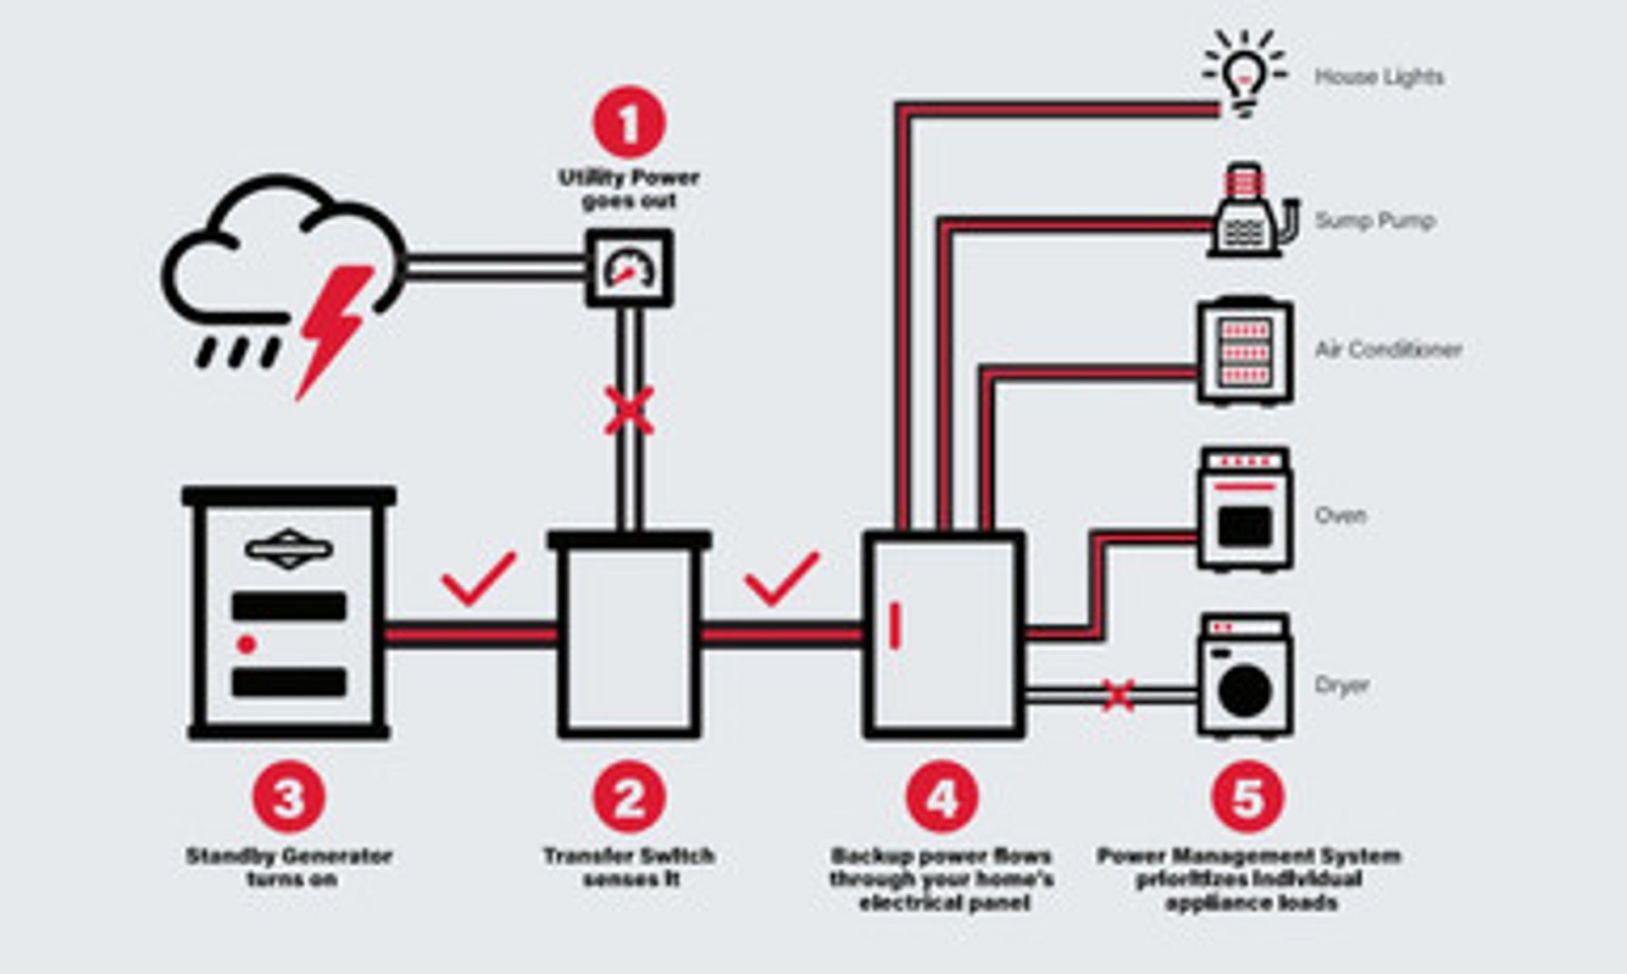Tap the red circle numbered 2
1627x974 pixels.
click(x=629, y=797)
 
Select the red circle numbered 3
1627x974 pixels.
click(x=288, y=797)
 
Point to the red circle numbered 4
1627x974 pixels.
click(x=941, y=797)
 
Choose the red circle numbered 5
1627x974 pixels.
click(x=1248, y=797)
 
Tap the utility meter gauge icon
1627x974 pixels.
click(x=630, y=268)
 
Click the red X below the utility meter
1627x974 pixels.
click(x=629, y=411)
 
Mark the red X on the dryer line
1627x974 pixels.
click(x=1119, y=695)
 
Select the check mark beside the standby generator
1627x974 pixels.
click(x=478, y=578)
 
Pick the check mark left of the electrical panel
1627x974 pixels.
click(x=780, y=578)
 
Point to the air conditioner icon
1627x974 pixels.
click(x=1245, y=351)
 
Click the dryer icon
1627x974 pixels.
click(x=1246, y=675)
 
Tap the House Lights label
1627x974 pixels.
click(x=1379, y=77)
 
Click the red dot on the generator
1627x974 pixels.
click(x=247, y=645)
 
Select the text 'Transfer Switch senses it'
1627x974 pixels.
click(x=629, y=867)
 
